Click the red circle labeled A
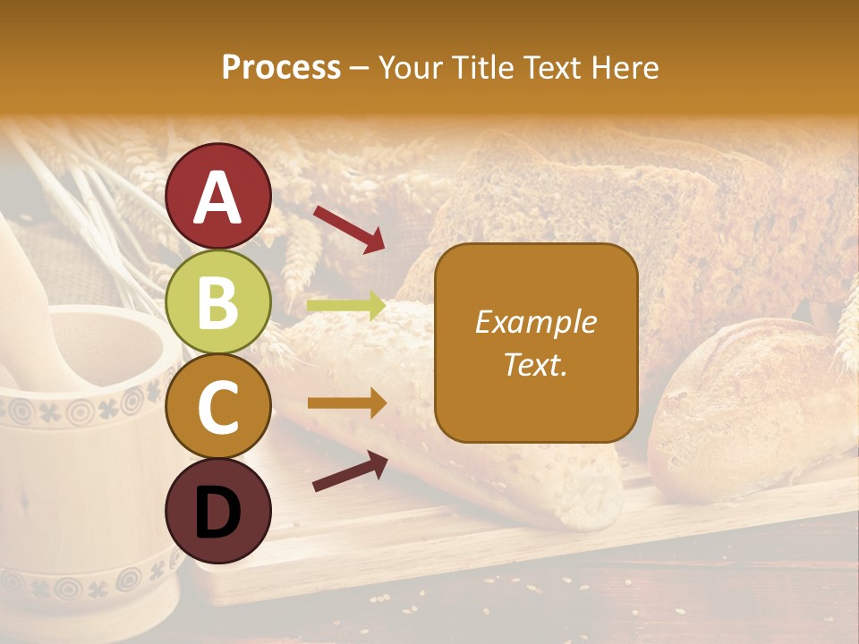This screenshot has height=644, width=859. [217, 196]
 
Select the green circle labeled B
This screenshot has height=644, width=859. [217, 302]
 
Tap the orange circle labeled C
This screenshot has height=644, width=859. [217, 407]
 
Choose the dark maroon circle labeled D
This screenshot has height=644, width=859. [217, 512]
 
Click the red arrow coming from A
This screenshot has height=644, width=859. [348, 228]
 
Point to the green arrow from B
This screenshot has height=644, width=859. [345, 307]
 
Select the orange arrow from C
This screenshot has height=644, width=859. [346, 403]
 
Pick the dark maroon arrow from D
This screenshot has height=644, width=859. [350, 471]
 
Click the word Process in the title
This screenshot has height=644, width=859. [281, 67]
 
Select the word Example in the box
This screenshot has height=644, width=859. [535, 322]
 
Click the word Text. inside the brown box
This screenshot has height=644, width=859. [535, 365]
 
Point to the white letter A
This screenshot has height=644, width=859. [217, 198]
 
